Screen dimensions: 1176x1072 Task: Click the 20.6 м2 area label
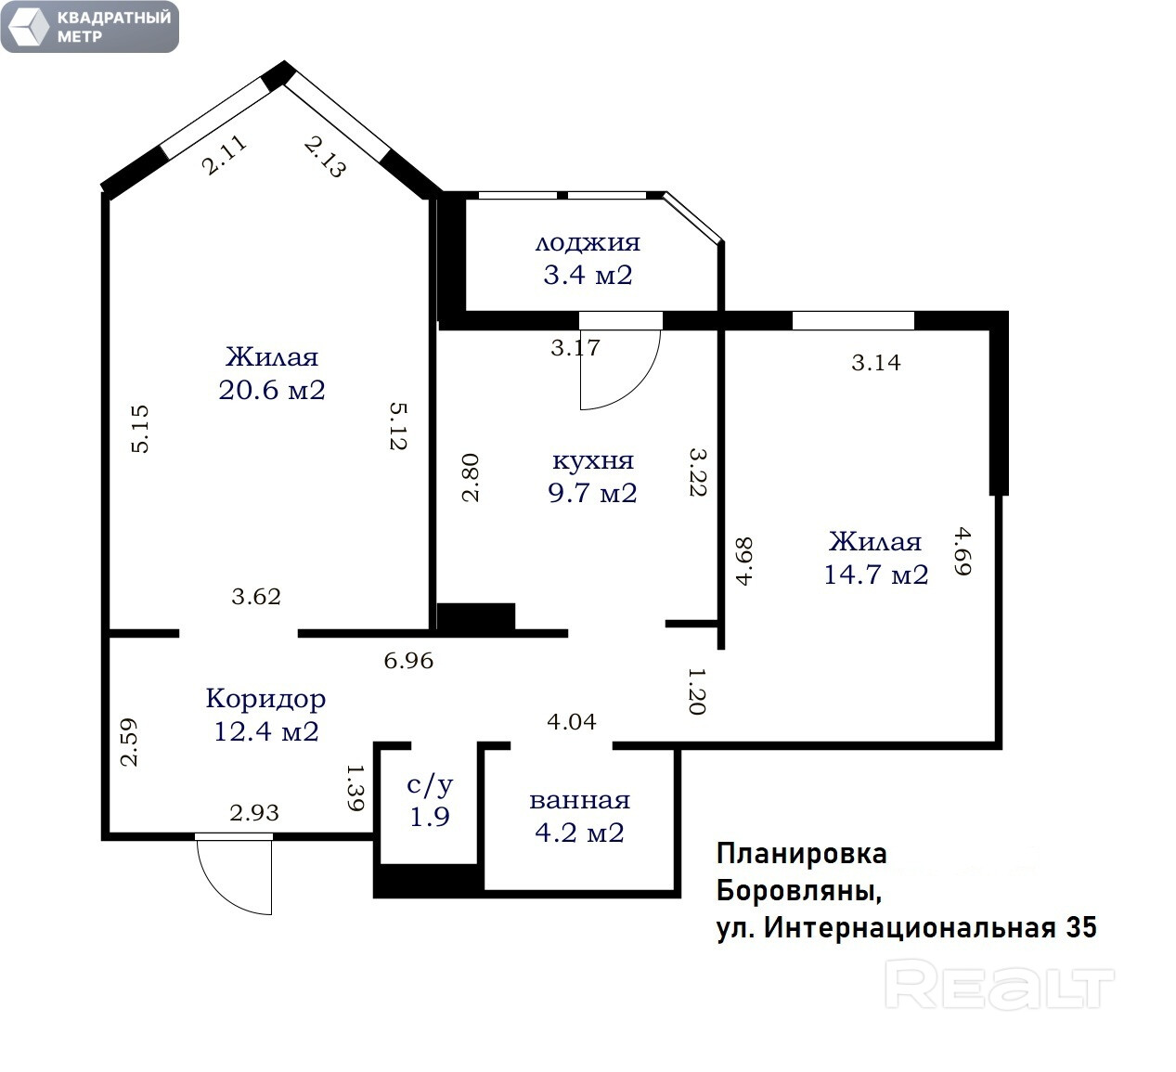click(x=272, y=390)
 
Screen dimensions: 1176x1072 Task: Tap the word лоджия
click(x=588, y=243)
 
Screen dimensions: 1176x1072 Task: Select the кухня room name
click(x=593, y=460)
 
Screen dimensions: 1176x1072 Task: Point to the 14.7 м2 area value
click(x=876, y=575)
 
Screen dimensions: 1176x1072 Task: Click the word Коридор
click(x=265, y=699)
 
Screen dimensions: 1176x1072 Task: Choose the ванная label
click(x=579, y=800)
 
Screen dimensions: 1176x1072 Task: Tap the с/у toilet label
click(x=430, y=784)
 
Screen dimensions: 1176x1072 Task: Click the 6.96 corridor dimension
click(x=408, y=661)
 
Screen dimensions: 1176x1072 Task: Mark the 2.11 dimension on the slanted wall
click(x=224, y=155)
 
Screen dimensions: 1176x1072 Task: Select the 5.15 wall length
click(x=140, y=429)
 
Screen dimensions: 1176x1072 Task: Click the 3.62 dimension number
click(x=256, y=597)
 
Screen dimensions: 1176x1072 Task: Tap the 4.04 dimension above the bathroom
click(x=572, y=722)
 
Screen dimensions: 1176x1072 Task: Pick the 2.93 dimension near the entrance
click(x=253, y=813)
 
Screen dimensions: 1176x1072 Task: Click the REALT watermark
click(x=999, y=988)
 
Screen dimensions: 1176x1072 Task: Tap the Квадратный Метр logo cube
click(x=28, y=27)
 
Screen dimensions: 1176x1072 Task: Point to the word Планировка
click(x=801, y=855)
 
